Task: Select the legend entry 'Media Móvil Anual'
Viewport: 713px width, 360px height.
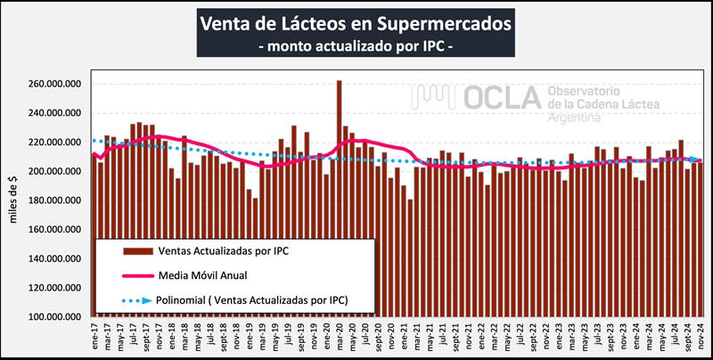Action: (210, 275)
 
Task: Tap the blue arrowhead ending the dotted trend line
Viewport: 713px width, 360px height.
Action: (696, 160)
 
